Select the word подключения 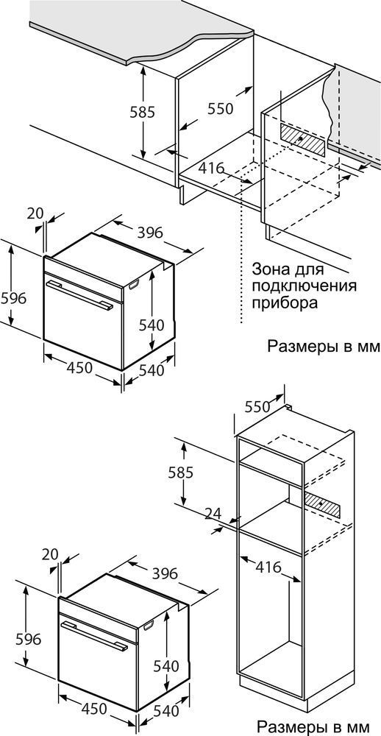tap(304, 286)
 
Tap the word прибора tap(285, 302)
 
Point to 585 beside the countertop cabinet tap(142, 112)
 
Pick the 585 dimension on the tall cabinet tap(181, 473)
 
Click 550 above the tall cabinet tap(257, 406)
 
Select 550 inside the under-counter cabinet tap(221, 109)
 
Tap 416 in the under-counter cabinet tap(210, 168)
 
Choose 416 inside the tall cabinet tap(268, 567)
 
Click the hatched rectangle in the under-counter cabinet tap(302, 140)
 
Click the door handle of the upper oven tap(79, 295)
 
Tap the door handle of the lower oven tap(94, 635)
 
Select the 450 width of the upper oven tap(79, 368)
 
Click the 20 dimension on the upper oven tap(35, 213)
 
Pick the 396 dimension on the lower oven tap(165, 573)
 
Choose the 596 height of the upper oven tap(13, 298)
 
